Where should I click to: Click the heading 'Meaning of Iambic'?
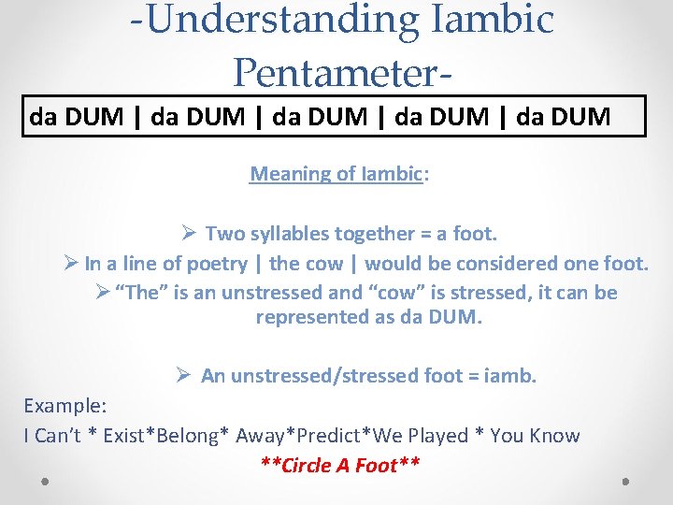(336, 174)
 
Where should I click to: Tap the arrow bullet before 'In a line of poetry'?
(70, 264)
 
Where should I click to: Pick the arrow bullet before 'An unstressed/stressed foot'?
(183, 376)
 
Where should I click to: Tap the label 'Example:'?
(65, 406)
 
